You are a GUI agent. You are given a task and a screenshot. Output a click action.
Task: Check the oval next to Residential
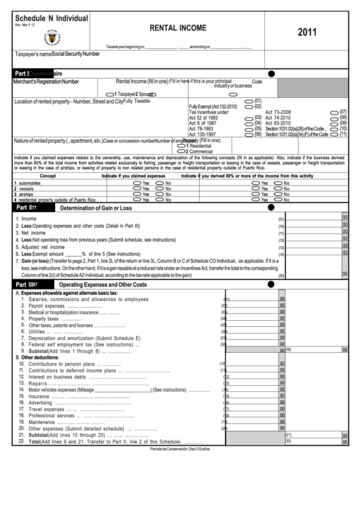click(181, 145)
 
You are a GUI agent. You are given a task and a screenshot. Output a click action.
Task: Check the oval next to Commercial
click(181, 151)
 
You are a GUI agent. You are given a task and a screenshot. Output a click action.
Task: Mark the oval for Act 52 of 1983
click(249, 117)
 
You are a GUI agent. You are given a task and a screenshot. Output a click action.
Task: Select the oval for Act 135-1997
click(249, 134)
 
